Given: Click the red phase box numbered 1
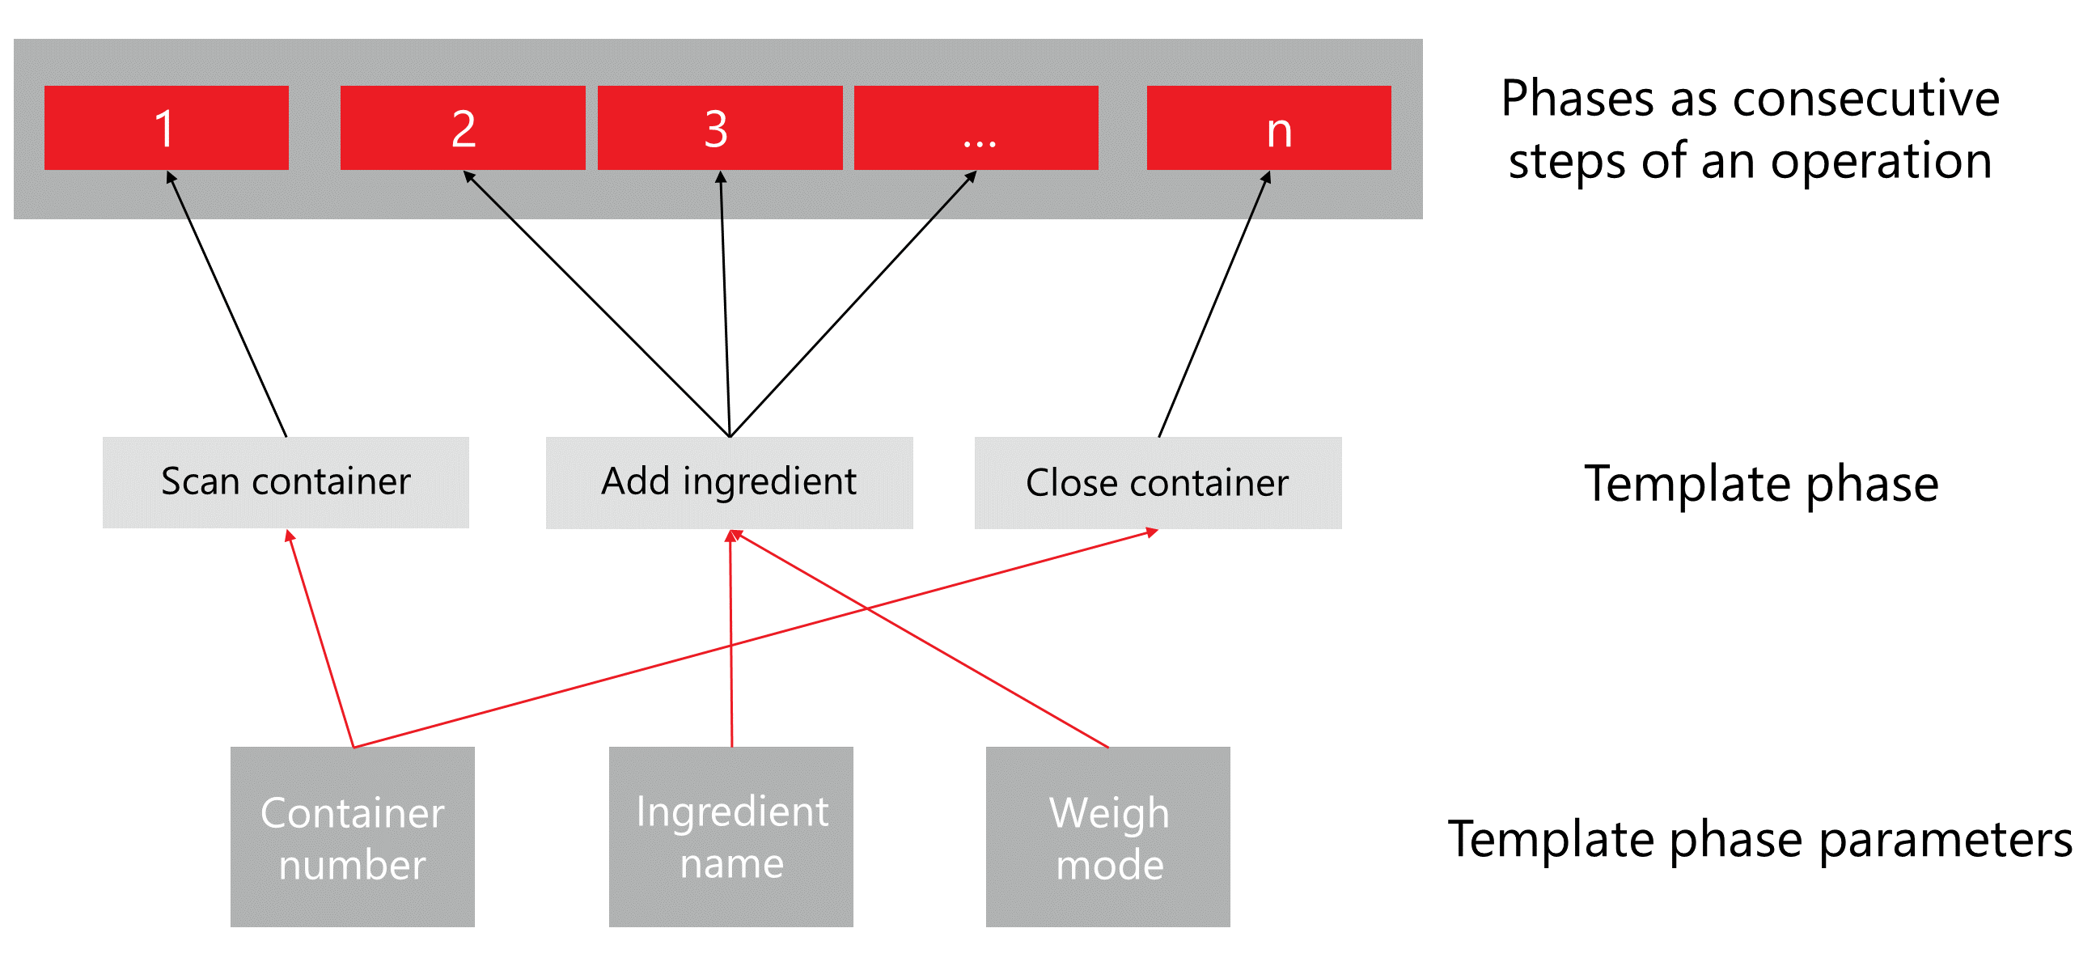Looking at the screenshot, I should click(x=166, y=128).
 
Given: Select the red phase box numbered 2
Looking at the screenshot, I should click(x=463, y=128).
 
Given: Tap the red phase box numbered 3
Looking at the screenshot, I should click(x=719, y=128).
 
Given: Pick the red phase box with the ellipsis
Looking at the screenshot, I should click(x=976, y=128).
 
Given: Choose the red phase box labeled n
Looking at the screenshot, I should click(x=1268, y=128).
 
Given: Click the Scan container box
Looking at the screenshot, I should click(x=286, y=482).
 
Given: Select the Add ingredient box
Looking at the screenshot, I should click(x=729, y=482).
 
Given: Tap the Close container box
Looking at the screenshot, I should click(x=1158, y=482).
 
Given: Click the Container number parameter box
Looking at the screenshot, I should click(x=352, y=837).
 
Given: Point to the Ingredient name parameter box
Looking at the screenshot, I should click(x=730, y=837).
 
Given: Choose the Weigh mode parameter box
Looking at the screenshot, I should click(x=1107, y=837).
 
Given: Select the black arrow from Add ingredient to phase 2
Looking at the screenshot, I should click(x=596, y=303).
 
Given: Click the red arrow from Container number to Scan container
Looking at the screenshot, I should click(x=321, y=639).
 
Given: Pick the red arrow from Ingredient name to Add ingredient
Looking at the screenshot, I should click(x=731, y=639).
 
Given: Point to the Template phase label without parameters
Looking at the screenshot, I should click(x=1761, y=484).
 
